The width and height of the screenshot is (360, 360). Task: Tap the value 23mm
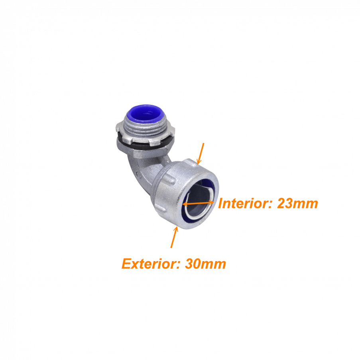297,203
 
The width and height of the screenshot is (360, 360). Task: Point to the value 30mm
205,264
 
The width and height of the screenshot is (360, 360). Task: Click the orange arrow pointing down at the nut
201,153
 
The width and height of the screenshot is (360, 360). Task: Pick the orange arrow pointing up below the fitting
174,237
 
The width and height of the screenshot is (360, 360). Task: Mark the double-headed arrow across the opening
198,203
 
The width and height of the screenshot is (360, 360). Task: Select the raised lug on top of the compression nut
191,161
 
